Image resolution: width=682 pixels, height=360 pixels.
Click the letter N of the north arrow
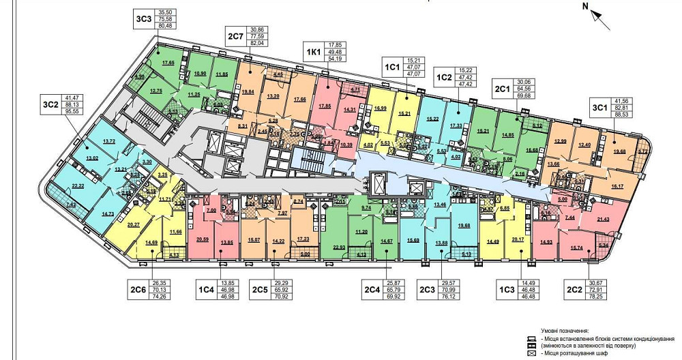[585, 6]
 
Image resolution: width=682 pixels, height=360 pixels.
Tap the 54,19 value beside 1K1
[336, 59]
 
